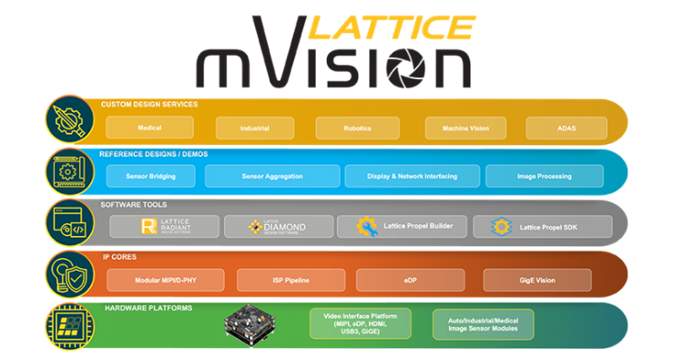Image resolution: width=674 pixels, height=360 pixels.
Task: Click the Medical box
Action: tap(138, 128)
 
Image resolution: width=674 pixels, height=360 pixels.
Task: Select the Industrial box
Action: tap(254, 129)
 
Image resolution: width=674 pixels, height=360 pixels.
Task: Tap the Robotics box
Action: tap(356, 129)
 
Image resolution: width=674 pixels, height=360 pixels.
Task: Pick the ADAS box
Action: tap(566, 129)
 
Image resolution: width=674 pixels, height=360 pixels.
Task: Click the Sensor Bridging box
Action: tap(150, 176)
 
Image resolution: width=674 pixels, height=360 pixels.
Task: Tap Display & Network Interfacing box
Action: tap(413, 176)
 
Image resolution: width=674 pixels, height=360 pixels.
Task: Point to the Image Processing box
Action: tap(543, 176)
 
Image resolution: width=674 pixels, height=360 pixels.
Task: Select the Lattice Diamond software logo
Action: tap(277, 226)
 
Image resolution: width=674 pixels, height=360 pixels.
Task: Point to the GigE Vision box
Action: tap(536, 279)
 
